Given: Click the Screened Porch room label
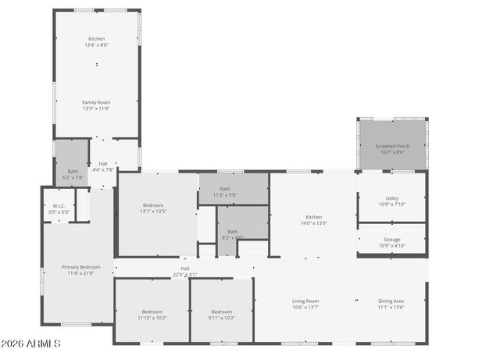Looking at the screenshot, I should tap(392, 146).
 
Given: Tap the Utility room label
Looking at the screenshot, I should tap(392, 198).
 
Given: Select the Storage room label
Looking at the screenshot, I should tap(392, 240).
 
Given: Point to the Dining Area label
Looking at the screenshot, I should tap(391, 301).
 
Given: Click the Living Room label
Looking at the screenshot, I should tap(305, 301).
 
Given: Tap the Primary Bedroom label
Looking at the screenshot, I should tap(81, 267).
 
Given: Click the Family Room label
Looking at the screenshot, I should tap(97, 102).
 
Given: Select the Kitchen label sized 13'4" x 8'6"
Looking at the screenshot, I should tap(97, 39).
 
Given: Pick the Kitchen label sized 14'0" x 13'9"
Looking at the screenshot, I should tap(314, 216).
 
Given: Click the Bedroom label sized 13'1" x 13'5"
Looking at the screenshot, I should tap(153, 205).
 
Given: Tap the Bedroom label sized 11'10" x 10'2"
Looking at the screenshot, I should tap(152, 312).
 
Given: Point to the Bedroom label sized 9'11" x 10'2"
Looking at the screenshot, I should tap(222, 312).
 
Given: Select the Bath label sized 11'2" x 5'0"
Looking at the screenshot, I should tap(225, 188).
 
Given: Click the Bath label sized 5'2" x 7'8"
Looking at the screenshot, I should tap(73, 171).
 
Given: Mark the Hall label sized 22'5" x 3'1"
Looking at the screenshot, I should tap(185, 269).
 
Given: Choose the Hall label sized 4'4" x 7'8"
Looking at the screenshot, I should tap(103, 164).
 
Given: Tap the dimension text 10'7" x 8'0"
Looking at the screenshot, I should tap(392, 152).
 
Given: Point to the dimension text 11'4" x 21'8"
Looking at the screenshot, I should tap(81, 273).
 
